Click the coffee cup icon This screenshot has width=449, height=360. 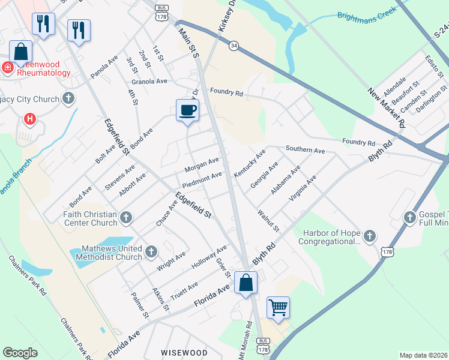point(187,110)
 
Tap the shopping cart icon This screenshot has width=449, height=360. point(278,308)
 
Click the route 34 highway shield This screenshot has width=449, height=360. point(234,46)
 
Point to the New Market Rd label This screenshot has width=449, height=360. point(386,108)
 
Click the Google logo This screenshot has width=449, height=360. point(20,353)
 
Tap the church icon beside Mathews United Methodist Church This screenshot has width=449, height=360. point(151,251)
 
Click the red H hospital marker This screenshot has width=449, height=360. point(29,119)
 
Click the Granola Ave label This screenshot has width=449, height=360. point(150,81)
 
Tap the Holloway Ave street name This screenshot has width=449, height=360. point(209,257)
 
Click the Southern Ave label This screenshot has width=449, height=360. point(305,148)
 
